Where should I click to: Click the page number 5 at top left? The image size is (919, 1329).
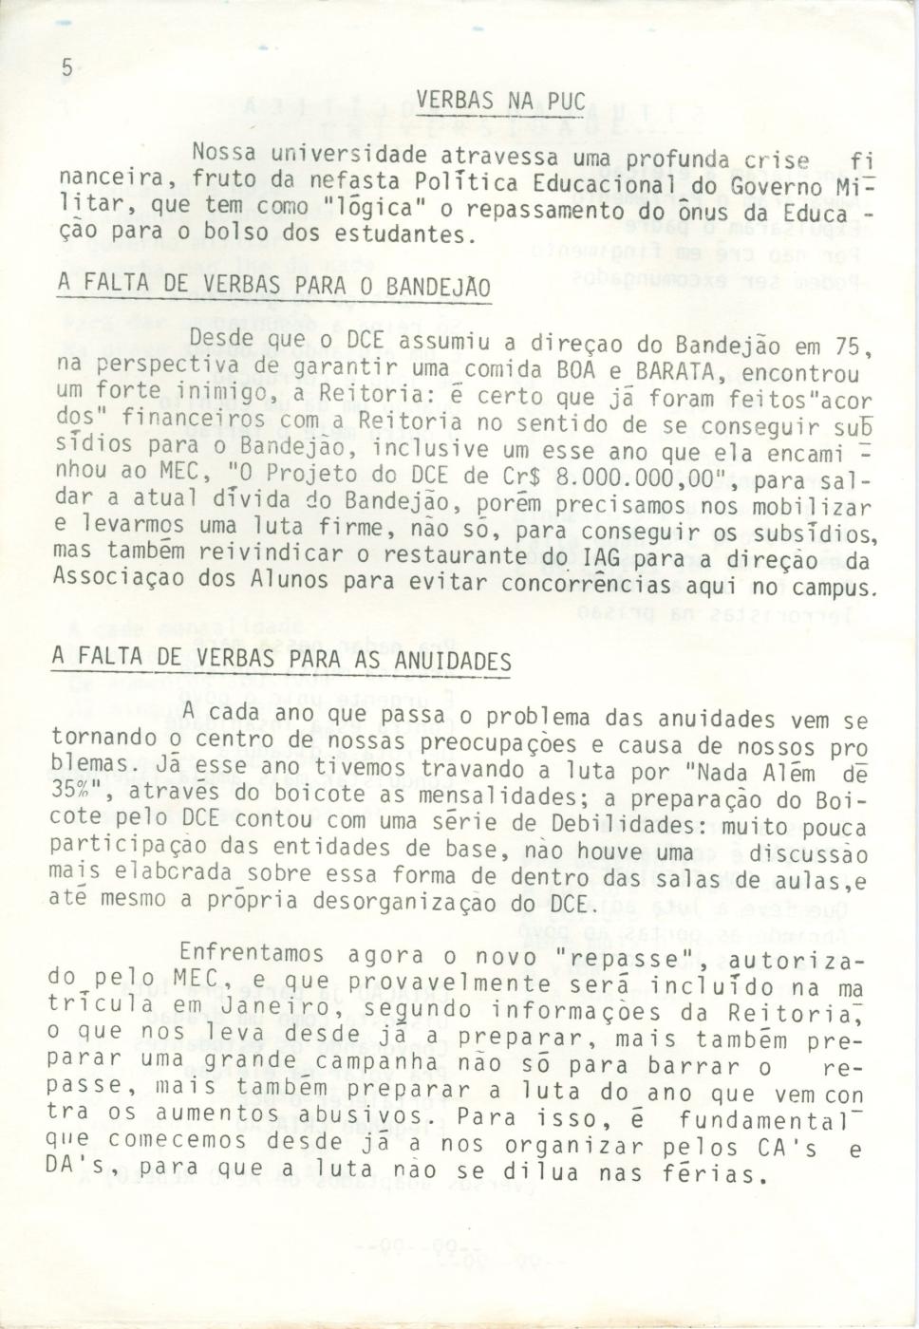coord(66,68)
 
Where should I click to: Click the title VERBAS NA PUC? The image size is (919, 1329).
coord(501,102)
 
